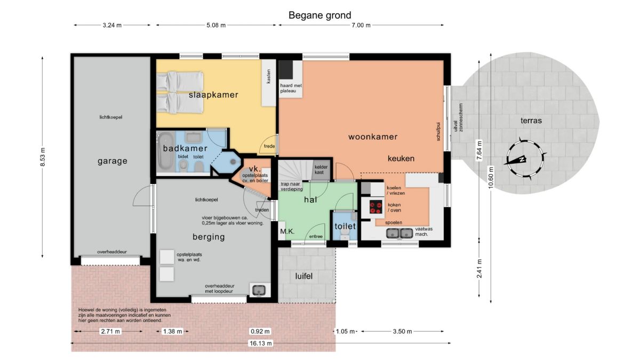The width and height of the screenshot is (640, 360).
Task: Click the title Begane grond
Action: [319, 15]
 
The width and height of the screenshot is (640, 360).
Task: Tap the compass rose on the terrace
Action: [525, 159]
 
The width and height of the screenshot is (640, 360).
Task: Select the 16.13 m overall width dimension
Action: [261, 343]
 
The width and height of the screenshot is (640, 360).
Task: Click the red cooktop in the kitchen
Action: [375, 207]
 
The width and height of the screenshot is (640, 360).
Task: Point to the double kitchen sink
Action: [399, 234]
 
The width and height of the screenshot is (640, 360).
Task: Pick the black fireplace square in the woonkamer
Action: [286, 69]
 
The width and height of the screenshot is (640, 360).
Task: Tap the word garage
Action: [113, 161]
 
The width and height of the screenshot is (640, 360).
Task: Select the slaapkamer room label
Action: [213, 95]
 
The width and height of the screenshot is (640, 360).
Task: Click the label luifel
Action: [303, 276]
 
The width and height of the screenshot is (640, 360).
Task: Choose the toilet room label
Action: [345, 226]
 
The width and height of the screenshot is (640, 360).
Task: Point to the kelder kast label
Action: [321, 170]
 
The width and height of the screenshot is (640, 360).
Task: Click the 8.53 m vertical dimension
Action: [43, 157]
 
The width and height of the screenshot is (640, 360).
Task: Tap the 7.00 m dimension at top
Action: [361, 25]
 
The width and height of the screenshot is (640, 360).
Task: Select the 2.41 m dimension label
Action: [479, 268]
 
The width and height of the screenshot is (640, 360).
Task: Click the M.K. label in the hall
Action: [287, 231]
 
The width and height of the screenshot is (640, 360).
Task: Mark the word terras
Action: [531, 121]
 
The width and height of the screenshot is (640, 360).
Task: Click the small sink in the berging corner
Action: [259, 290]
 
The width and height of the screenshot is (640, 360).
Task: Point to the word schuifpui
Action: [438, 132]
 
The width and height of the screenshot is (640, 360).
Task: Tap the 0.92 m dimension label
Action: [260, 331]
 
